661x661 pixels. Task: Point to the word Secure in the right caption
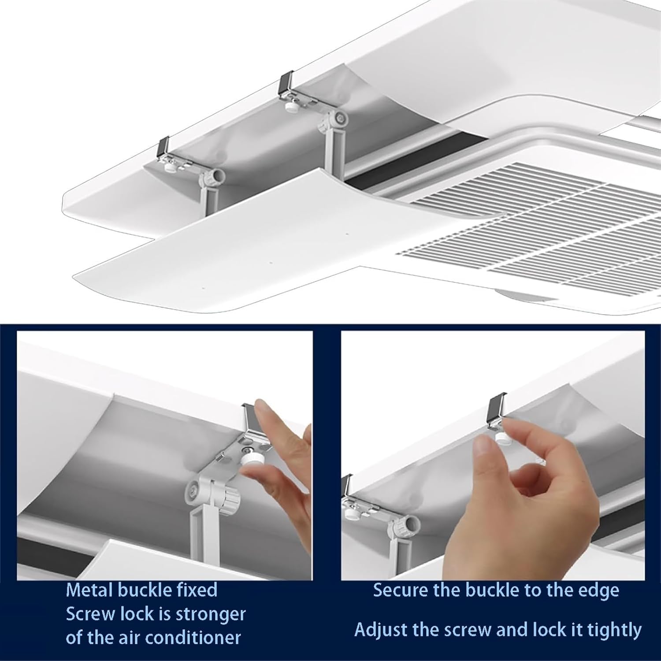[x=400, y=590]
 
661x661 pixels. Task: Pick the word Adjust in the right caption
[x=381, y=630]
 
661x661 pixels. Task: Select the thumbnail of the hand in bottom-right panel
[x=484, y=449]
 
